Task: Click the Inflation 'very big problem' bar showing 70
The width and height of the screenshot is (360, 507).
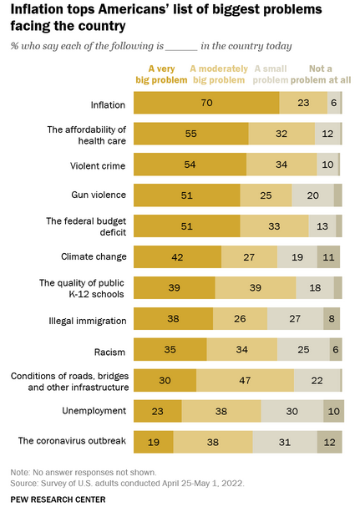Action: pyautogui.click(x=206, y=103)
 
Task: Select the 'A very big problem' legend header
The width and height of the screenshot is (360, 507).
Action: pyautogui.click(x=161, y=74)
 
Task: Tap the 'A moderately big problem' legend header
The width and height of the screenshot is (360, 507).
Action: pyautogui.click(x=219, y=74)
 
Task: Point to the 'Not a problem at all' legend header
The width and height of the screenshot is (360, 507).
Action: pyautogui.click(x=321, y=74)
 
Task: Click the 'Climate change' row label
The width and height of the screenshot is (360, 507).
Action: pyautogui.click(x=94, y=256)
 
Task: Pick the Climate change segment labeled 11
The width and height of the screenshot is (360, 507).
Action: pyautogui.click(x=328, y=256)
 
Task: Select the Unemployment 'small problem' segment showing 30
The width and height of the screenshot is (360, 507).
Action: pyautogui.click(x=292, y=411)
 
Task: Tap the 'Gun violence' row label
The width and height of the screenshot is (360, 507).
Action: pyautogui.click(x=99, y=195)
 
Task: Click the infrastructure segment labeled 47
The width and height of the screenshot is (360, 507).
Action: pyautogui.click(x=245, y=380)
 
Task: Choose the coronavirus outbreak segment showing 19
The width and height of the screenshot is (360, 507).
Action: pyautogui.click(x=154, y=442)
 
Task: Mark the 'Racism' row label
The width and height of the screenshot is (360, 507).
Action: pyautogui.click(x=109, y=352)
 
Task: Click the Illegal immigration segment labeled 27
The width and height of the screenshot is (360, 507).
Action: pyautogui.click(x=296, y=318)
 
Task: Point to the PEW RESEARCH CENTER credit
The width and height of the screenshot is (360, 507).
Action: pyautogui.click(x=58, y=499)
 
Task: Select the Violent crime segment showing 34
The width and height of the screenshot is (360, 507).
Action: pyautogui.click(x=281, y=165)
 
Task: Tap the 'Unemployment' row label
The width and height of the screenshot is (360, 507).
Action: pyautogui.click(x=94, y=411)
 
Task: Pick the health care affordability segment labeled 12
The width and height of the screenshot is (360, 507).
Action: pyautogui.click(x=327, y=134)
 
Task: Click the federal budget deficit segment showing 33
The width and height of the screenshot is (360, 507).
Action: pyautogui.click(x=274, y=226)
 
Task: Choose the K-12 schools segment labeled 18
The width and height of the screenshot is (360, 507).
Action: pyautogui.click(x=315, y=288)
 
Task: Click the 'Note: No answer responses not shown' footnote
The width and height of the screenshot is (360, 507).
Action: pyautogui.click(x=84, y=473)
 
